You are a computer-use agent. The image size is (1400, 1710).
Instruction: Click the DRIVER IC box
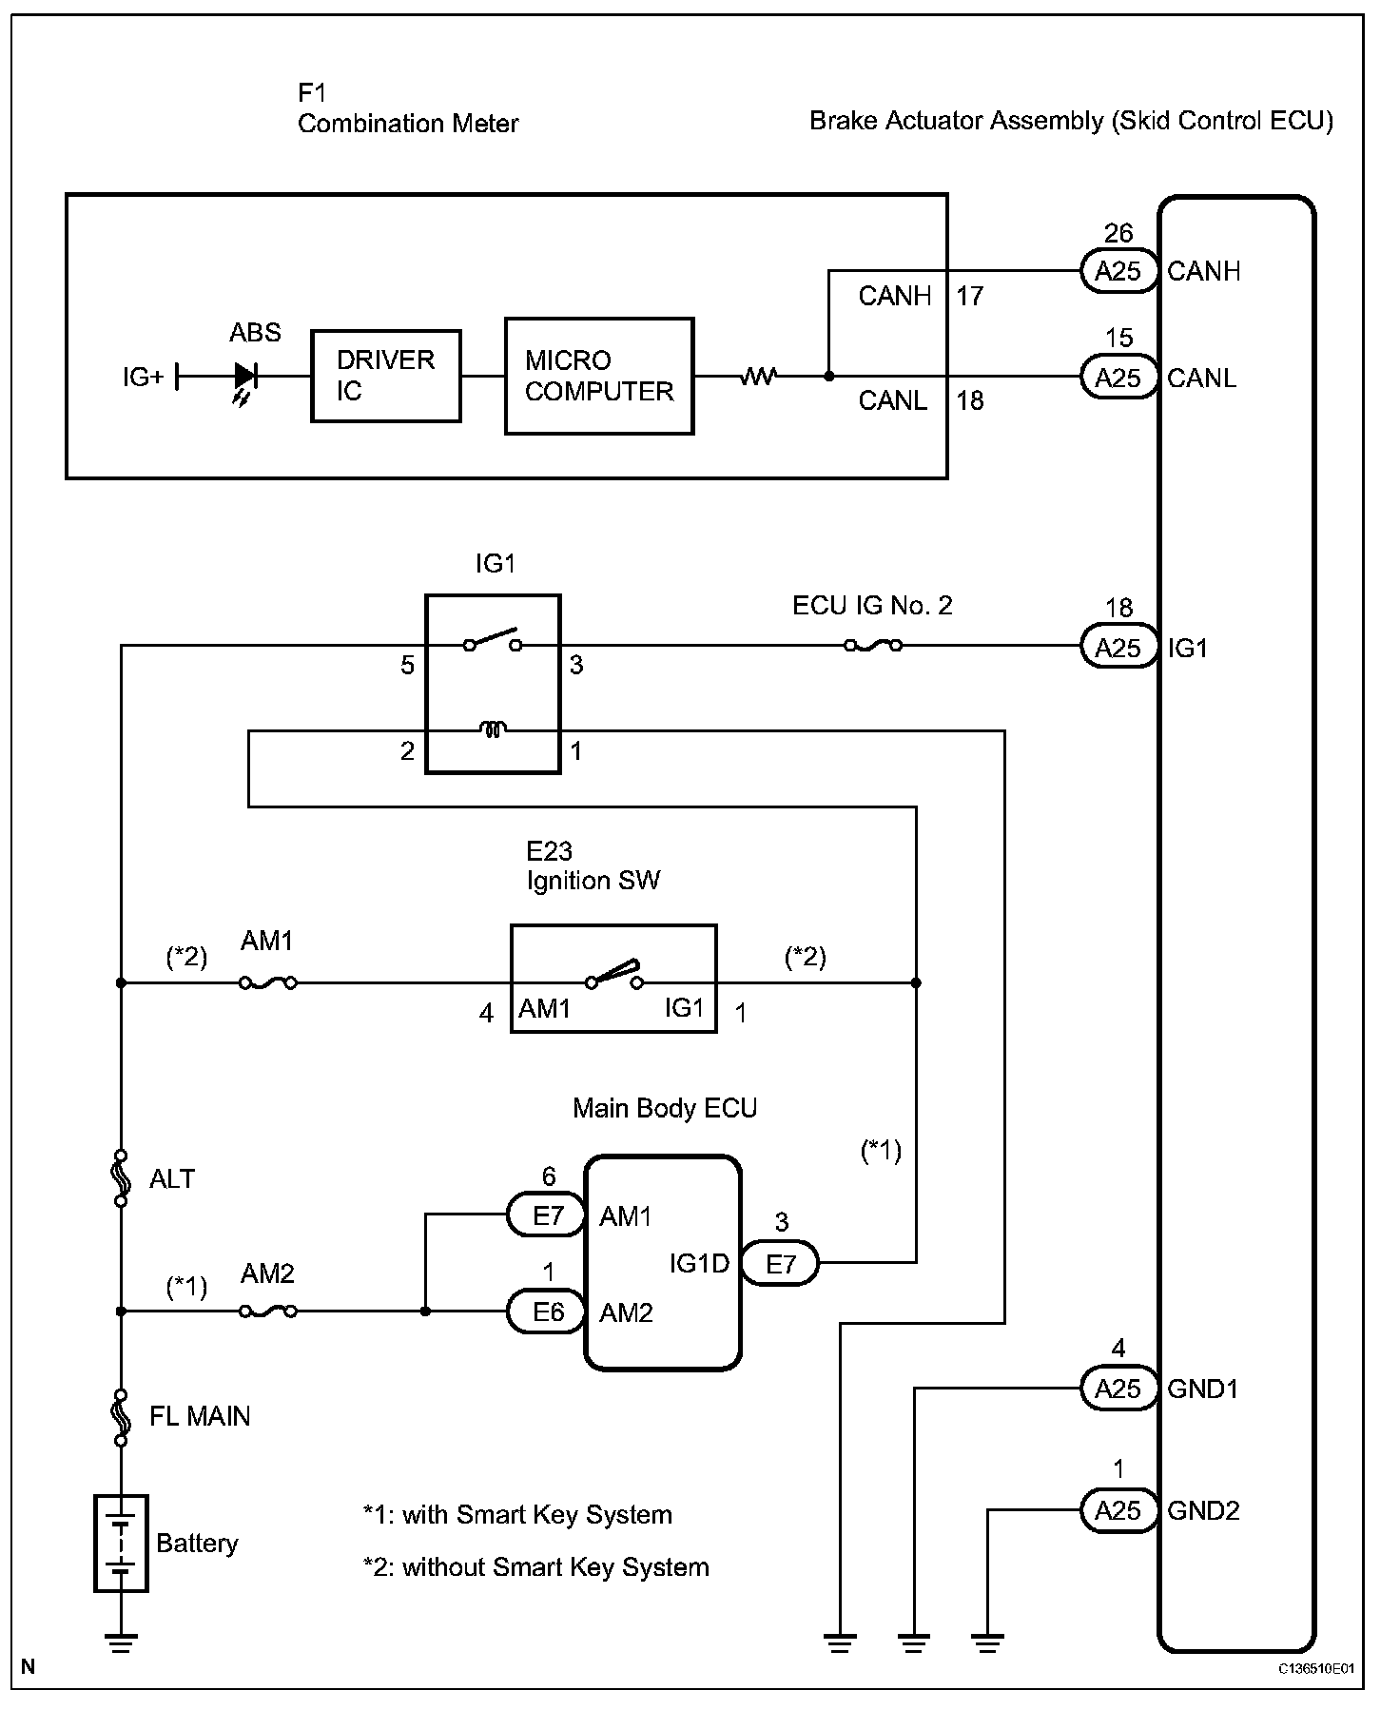[386, 376]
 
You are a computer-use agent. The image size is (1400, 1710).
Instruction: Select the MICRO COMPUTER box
[599, 377]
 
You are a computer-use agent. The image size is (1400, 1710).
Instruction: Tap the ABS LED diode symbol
[245, 377]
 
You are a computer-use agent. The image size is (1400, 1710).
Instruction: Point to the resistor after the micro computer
[759, 377]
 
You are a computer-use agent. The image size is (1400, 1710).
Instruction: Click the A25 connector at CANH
[1118, 271]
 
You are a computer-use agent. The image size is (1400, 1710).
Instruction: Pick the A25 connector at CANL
[1118, 378]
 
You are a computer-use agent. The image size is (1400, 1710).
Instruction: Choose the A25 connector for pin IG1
[1118, 648]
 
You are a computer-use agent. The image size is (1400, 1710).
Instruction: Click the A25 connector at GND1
[1118, 1389]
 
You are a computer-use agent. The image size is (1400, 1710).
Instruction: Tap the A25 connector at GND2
[1118, 1510]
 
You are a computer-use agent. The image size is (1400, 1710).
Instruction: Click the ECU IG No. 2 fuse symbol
[873, 646]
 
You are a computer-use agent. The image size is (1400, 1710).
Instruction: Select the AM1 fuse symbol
[267, 982]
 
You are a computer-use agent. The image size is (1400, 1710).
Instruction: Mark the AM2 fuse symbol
[267, 1311]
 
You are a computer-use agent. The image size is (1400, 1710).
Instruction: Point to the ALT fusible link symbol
[121, 1178]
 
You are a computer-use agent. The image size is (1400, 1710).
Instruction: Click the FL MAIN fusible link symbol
[121, 1416]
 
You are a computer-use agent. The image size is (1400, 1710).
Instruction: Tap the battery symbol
[121, 1543]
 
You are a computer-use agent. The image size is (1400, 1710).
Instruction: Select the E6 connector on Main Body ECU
[548, 1312]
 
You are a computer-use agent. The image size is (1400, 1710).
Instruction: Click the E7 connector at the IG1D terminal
[780, 1263]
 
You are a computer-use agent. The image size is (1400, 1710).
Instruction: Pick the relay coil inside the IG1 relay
[493, 730]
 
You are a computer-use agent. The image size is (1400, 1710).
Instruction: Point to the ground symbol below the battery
[121, 1643]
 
